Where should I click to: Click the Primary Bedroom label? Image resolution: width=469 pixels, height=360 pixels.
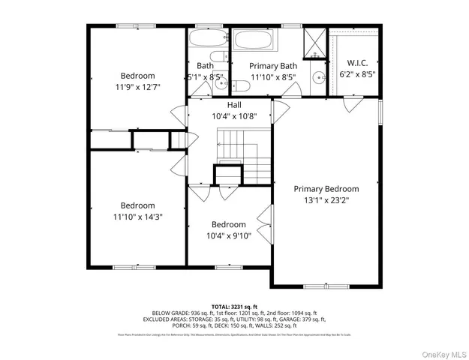coord(326,189)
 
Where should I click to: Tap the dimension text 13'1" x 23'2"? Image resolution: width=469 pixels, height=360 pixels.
coord(326,200)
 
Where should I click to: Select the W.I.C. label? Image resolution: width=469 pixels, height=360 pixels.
coord(356,63)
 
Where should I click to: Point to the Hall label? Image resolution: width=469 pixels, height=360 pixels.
coord(234,105)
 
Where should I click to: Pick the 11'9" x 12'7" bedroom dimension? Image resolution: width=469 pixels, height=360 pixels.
coord(138,87)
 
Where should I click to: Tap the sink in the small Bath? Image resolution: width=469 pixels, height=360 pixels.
coord(220,84)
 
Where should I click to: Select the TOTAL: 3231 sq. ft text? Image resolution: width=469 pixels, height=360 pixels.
coord(234,306)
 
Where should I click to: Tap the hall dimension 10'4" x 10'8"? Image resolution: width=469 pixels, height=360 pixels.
coord(234,116)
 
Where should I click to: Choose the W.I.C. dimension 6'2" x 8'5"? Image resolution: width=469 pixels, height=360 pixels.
coord(356,74)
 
